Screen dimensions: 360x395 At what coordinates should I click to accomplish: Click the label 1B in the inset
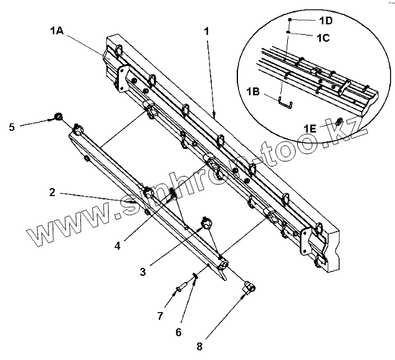click(253, 92)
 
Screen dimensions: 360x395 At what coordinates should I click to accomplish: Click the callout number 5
click(12, 127)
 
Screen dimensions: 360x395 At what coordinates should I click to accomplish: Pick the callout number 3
click(143, 271)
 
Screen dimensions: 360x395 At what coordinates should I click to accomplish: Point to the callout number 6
click(178, 331)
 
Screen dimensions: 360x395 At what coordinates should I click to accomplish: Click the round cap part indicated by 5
click(58, 116)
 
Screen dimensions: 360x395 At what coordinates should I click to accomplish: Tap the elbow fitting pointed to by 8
click(247, 287)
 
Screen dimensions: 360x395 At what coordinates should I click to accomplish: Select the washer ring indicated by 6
click(196, 275)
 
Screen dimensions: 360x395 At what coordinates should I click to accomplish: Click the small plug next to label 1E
click(339, 121)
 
